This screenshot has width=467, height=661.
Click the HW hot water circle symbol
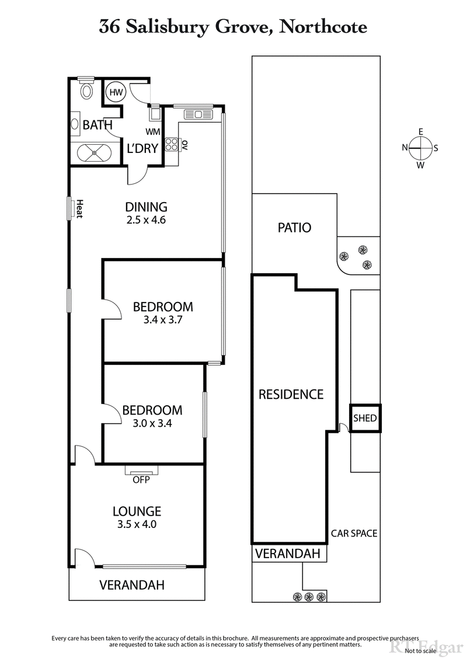[115, 92]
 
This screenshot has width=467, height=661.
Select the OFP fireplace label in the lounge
[141, 480]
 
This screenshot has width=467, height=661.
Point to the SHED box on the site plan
[365, 419]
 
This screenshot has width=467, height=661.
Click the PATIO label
[294, 228]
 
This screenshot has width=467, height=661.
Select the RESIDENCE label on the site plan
[291, 394]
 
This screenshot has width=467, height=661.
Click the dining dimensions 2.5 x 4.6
[147, 221]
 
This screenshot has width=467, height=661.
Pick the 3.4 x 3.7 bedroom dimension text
[163, 320]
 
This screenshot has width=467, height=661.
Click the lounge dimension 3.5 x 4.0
[137, 524]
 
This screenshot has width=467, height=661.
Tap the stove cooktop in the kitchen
[172, 144]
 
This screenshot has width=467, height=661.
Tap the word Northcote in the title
[323, 27]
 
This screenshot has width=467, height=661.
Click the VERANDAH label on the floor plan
[131, 585]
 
